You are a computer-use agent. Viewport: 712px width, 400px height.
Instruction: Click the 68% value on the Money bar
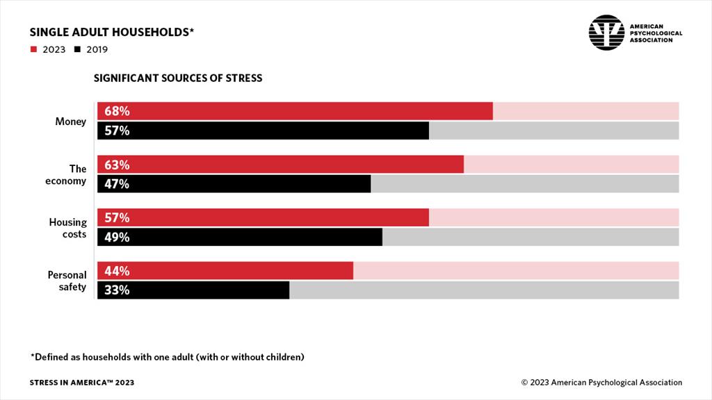pyautogui.click(x=117, y=111)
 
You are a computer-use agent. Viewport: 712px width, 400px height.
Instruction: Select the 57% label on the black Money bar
pyautogui.click(x=117, y=131)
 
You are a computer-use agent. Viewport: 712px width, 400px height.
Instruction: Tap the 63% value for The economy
pyautogui.click(x=117, y=165)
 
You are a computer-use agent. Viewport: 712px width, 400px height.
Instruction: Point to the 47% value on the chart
pyautogui.click(x=117, y=184)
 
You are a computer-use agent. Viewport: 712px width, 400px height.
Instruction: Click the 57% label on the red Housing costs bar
pyautogui.click(x=117, y=217)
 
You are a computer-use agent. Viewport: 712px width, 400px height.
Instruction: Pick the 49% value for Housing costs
pyautogui.click(x=117, y=237)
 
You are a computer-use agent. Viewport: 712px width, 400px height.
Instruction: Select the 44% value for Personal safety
pyautogui.click(x=117, y=271)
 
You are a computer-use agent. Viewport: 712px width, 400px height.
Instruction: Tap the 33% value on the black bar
pyautogui.click(x=117, y=290)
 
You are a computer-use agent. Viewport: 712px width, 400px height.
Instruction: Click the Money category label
pyautogui.click(x=71, y=122)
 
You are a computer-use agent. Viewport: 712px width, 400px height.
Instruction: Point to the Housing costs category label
pyautogui.click(x=67, y=228)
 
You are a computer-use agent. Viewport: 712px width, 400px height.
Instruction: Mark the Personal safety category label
pyautogui.click(x=67, y=281)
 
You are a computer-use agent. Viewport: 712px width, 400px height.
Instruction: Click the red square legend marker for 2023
pyautogui.click(x=33, y=49)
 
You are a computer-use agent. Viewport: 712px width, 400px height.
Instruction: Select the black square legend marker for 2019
pyautogui.click(x=77, y=49)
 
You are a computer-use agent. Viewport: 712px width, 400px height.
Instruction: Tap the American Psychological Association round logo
pyautogui.click(x=606, y=32)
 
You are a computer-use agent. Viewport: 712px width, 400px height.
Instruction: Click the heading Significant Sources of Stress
pyautogui.click(x=178, y=78)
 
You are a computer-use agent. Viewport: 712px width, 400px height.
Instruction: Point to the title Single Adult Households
pyautogui.click(x=111, y=32)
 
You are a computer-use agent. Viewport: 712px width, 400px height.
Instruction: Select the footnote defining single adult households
pyautogui.click(x=167, y=358)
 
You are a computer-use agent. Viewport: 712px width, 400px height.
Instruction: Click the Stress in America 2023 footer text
pyautogui.click(x=82, y=383)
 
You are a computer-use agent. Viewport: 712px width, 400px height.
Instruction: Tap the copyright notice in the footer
pyautogui.click(x=601, y=383)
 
